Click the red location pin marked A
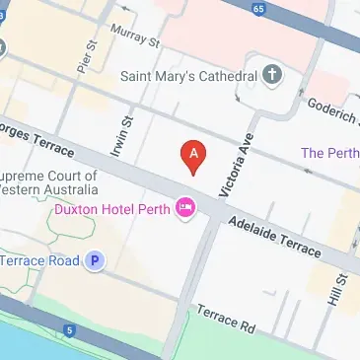coord(195,157)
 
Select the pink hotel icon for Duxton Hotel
coord(184,207)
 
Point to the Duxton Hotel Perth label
coord(110,208)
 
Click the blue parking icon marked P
coord(95,261)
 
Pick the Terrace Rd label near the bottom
coord(225,320)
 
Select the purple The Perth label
coord(329,153)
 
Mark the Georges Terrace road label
coord(36,139)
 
